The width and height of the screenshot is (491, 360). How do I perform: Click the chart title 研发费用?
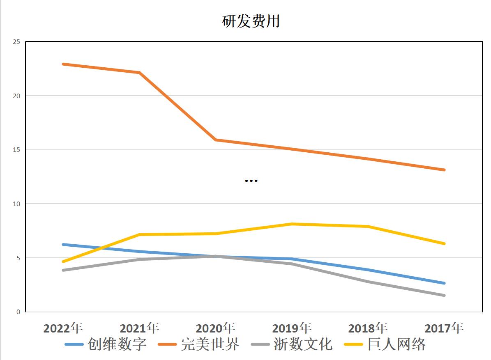pos(251,21)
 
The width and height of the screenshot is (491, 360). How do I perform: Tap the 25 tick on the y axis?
pos(16,42)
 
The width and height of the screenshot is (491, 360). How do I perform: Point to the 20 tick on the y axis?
pos(16,96)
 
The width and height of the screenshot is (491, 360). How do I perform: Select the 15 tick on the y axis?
pos(16,150)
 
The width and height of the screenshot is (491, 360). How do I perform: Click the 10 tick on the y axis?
pos(16,204)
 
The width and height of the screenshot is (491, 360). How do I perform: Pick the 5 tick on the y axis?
pos(18,258)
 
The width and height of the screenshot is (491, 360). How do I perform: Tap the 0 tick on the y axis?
pos(18,312)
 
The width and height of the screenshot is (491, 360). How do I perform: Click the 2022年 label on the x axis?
pos(63,328)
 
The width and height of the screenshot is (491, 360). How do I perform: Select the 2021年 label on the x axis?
pos(139,328)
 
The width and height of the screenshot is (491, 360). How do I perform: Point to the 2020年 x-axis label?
pos(216,328)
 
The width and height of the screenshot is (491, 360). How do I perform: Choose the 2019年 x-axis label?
pos(292,328)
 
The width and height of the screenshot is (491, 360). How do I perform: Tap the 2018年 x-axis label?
pos(368,328)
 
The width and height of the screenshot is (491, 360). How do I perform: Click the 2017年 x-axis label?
pos(444,328)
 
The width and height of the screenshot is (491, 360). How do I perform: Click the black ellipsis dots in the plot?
pos(251,181)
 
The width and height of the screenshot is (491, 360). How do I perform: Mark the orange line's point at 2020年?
pos(216,140)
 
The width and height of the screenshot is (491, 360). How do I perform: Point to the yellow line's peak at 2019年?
pos(292,224)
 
